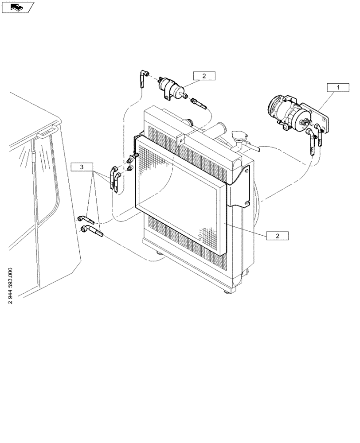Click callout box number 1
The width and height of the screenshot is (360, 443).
(338, 88)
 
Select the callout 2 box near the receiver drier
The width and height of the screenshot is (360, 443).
(204, 76)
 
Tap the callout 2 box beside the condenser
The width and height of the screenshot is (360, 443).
(278, 236)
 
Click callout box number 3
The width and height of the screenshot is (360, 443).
(82, 167)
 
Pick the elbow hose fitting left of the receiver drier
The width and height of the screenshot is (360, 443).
(142, 79)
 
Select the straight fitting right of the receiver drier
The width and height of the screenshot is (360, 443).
(199, 104)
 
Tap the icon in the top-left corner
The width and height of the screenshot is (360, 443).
(18, 7)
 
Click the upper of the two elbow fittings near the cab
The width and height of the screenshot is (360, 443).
(86, 219)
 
